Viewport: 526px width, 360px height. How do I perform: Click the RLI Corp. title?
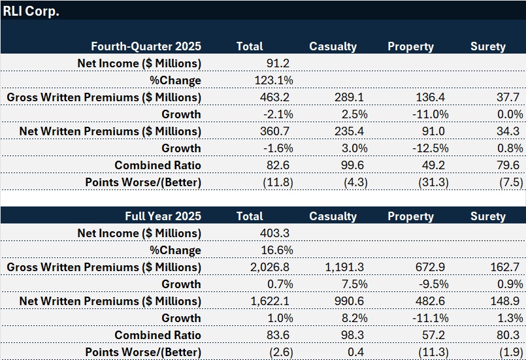tap(31, 11)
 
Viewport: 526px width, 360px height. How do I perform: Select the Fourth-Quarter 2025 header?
tap(146, 46)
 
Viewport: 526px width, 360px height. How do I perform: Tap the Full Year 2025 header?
tap(163, 216)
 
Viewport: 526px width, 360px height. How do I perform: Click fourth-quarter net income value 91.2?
tap(278, 63)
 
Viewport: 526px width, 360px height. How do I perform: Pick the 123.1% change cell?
tap(274, 80)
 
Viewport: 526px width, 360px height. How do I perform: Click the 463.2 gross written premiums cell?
tap(274, 97)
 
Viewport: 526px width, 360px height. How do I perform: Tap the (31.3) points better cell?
tap(433, 182)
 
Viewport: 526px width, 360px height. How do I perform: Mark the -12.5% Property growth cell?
tap(431, 148)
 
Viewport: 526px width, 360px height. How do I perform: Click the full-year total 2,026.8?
tap(270, 267)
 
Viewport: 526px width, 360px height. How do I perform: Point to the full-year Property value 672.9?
tap(432, 267)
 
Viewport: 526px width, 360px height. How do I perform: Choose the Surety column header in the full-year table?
tap(487, 216)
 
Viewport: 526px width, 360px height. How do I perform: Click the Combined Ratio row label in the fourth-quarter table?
tap(157, 165)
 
